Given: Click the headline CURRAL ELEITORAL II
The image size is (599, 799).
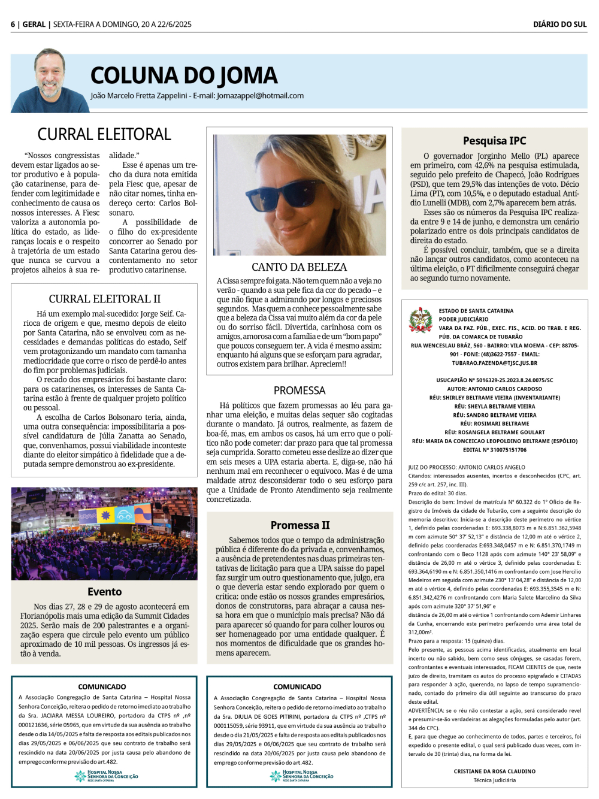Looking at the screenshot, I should (104, 299).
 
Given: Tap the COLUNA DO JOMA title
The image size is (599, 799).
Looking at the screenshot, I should (184, 75).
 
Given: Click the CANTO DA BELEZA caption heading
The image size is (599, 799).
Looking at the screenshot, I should (299, 267).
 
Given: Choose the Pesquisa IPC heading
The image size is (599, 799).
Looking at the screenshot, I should (494, 141).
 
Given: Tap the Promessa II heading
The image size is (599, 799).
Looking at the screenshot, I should (299, 525).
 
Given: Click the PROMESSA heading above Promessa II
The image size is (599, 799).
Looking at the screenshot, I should (299, 391).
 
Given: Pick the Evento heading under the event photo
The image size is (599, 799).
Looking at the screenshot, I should (104, 592).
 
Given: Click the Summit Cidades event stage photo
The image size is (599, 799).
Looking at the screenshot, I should (104, 534).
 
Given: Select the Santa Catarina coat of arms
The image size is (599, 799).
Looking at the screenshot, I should (420, 320).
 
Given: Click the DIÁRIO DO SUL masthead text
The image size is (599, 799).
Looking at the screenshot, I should (559, 25).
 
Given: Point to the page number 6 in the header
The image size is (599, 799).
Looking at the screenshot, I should (13, 25).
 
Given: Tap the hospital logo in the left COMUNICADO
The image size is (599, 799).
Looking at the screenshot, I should (106, 776).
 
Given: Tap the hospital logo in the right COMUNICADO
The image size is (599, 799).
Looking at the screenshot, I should (301, 776).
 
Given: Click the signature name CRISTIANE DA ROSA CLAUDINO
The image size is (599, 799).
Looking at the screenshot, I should (494, 771).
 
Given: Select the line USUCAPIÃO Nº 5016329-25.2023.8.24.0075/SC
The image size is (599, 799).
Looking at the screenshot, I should (494, 380).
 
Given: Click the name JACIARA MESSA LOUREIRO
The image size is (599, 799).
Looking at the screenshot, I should (81, 716).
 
